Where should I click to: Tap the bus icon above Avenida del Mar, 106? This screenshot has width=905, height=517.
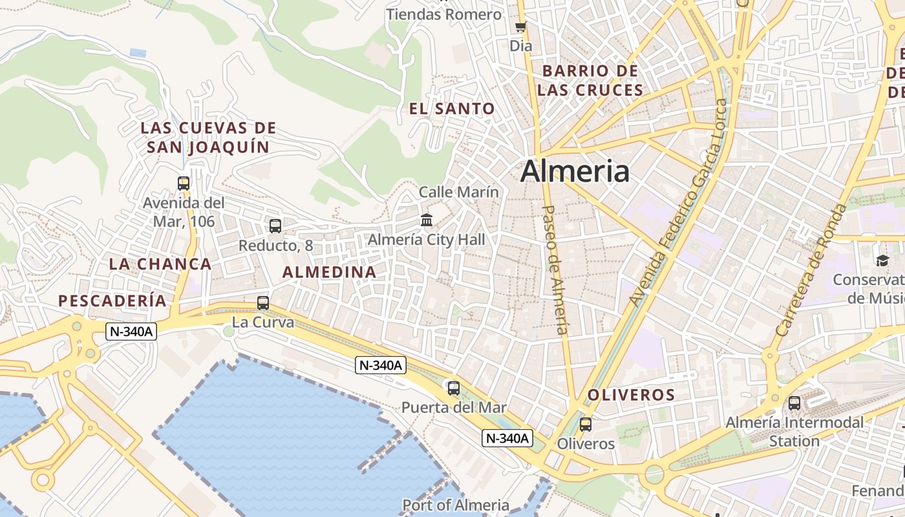tap(184, 184)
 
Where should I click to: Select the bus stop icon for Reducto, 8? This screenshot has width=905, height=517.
tap(275, 226)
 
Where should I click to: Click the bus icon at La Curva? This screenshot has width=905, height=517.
tap(263, 302)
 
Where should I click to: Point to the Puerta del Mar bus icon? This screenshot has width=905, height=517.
tap(454, 388)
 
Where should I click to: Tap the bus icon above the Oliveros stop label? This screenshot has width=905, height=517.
tap(586, 425)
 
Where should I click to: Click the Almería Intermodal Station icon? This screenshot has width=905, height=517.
tap(794, 403)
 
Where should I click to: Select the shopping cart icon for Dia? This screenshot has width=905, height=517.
tap(520, 27)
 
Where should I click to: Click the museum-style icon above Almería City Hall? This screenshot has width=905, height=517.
tap(427, 220)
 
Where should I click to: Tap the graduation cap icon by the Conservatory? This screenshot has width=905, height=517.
tap(882, 260)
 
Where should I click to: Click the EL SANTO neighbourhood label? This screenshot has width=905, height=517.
tap(452, 109)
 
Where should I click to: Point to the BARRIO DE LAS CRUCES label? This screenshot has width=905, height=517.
tap(590, 80)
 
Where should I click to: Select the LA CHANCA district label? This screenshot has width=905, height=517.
tap(160, 264)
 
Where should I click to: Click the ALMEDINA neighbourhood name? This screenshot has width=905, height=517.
tap(330, 272)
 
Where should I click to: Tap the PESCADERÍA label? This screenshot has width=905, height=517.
tap(112, 301)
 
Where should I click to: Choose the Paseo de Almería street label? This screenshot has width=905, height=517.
tap(557, 269)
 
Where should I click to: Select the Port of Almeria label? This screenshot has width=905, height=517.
tap(456, 505)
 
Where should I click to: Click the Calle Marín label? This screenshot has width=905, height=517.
tap(459, 192)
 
